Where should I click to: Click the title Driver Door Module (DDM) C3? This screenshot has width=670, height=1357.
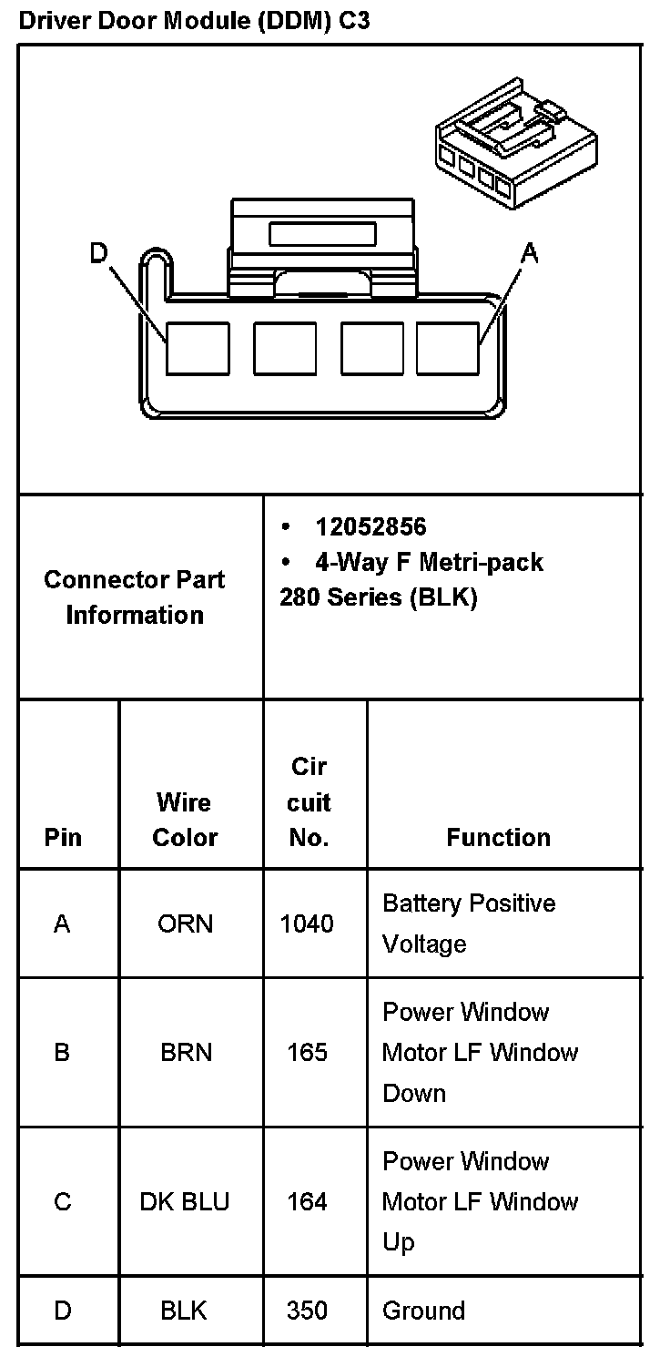(194, 21)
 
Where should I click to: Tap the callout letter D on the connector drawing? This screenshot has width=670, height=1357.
(99, 253)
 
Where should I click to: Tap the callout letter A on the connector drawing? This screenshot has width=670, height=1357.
(529, 253)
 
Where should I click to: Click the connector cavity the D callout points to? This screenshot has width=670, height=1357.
(198, 348)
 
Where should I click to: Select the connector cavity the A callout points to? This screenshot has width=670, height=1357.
(448, 348)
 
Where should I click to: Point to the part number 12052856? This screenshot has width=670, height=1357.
(371, 526)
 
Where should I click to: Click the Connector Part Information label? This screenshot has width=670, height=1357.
(135, 597)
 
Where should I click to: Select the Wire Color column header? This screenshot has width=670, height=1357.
(185, 820)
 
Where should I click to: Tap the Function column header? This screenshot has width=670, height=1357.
(498, 837)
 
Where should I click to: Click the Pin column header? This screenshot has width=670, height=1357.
(63, 837)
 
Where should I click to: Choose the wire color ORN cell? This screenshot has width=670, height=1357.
(186, 923)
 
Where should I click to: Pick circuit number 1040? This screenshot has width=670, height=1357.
(307, 923)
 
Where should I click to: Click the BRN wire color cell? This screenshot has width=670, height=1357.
(186, 1052)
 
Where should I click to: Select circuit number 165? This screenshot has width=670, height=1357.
(307, 1052)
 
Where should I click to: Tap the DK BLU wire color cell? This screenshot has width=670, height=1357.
(185, 1201)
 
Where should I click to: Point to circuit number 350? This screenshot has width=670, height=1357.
(307, 1311)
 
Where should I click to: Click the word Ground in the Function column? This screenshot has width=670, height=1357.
(423, 1311)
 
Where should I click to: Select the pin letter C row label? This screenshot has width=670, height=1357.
(63, 1201)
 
